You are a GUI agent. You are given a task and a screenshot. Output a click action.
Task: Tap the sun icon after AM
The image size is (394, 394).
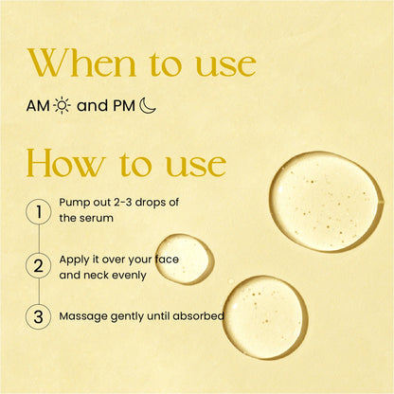[x=62, y=105]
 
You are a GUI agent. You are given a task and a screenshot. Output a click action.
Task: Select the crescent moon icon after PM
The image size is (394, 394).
[x=147, y=105]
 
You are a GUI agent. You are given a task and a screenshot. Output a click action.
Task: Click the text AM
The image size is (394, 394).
[x=39, y=105]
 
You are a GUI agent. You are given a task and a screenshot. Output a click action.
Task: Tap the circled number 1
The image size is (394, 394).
[x=39, y=211]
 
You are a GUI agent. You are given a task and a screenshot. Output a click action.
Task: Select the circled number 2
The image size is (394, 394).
[x=39, y=264]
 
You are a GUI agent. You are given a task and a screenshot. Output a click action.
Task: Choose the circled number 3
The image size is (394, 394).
[x=39, y=315]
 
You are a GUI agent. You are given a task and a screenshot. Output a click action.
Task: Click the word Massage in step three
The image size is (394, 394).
[x=84, y=315]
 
